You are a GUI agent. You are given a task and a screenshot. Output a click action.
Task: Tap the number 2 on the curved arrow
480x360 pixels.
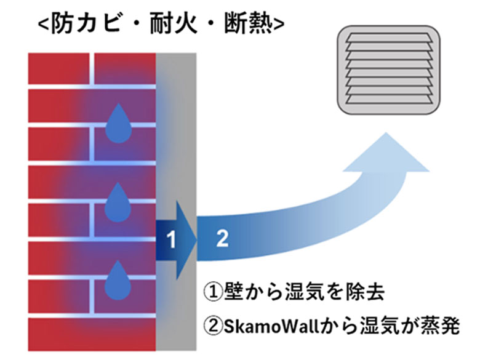click(222, 239)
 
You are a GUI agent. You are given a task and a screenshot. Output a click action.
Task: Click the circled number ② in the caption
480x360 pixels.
click(214, 324)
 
